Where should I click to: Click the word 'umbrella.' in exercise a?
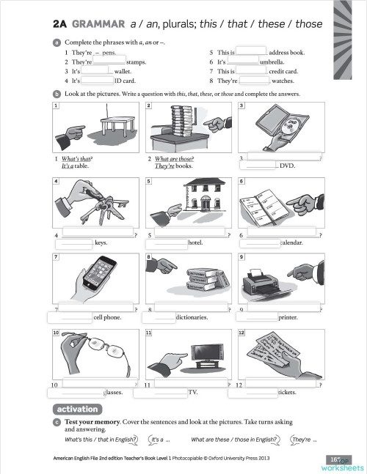275,63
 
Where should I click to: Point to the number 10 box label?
56,333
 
